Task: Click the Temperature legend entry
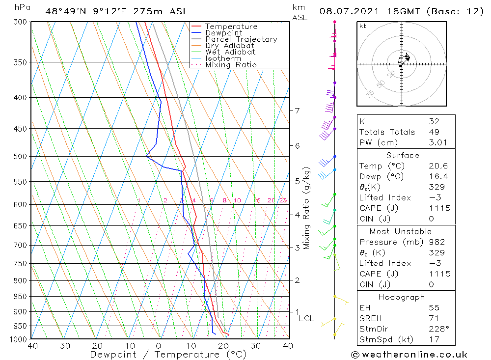pos(231,27)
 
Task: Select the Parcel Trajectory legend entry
pos(241,39)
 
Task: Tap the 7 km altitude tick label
pos(297,111)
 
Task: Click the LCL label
pos(306,319)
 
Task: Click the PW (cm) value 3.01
pos(437,142)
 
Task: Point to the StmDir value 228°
pos(437,329)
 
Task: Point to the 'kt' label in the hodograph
pos(363,26)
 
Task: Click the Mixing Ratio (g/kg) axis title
pos(306,208)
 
